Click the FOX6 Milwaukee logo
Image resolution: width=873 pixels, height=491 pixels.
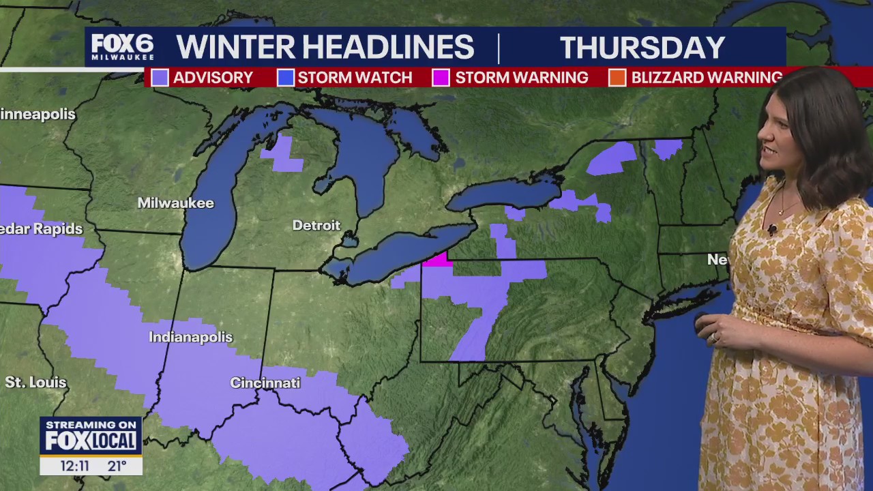(122, 47)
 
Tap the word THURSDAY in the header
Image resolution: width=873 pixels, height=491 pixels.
(642, 48)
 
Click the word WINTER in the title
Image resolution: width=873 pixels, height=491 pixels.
(235, 48)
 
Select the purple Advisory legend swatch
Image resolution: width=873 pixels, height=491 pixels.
(160, 78)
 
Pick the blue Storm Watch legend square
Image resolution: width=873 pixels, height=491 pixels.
(285, 78)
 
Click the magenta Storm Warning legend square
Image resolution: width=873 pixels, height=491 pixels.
(441, 78)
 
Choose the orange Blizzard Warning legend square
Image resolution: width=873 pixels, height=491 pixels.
(617, 78)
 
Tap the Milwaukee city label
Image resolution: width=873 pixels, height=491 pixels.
(175, 203)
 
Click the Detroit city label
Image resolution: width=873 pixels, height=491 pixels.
(316, 225)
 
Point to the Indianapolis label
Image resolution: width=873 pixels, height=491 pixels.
(190, 338)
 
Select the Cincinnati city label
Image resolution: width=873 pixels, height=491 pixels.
(265, 383)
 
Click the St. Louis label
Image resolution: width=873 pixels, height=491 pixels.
(35, 383)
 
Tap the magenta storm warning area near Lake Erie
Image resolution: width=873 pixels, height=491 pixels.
(437, 259)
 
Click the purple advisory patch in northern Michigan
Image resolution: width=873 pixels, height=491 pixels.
(283, 155)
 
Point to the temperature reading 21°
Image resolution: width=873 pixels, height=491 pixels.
(117, 466)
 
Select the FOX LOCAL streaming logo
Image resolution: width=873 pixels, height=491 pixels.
(91, 436)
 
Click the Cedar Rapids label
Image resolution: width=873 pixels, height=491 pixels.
(41, 229)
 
